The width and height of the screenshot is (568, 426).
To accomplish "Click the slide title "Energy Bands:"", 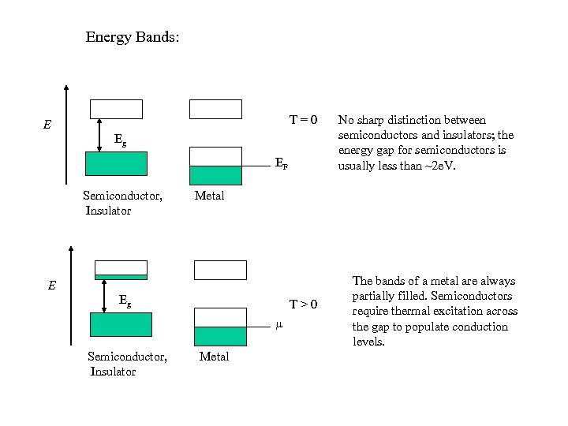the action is [133, 37].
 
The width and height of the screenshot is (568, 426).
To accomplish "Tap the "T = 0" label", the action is [303, 120].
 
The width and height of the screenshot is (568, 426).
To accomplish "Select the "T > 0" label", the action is [303, 305].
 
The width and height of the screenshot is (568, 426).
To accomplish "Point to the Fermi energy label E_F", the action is [281, 164].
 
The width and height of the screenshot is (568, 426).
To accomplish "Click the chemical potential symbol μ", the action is [278, 325].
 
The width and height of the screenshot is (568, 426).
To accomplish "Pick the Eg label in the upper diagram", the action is [120, 140].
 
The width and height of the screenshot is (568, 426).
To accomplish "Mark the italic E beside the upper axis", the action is [47, 125].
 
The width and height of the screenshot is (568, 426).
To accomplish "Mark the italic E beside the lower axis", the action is [51, 286].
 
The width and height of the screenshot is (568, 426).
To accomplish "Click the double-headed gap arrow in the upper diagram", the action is [99, 134].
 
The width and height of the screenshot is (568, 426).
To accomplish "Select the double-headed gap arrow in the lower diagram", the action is [104, 296].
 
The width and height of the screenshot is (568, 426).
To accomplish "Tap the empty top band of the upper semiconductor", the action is [116, 109].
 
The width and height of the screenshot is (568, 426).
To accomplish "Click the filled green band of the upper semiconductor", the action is [116, 163].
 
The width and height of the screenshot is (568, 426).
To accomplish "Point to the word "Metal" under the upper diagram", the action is [209, 196].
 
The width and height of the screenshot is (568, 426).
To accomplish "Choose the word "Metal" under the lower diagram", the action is [214, 357].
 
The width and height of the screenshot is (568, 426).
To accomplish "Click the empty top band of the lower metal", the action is [220, 270].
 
